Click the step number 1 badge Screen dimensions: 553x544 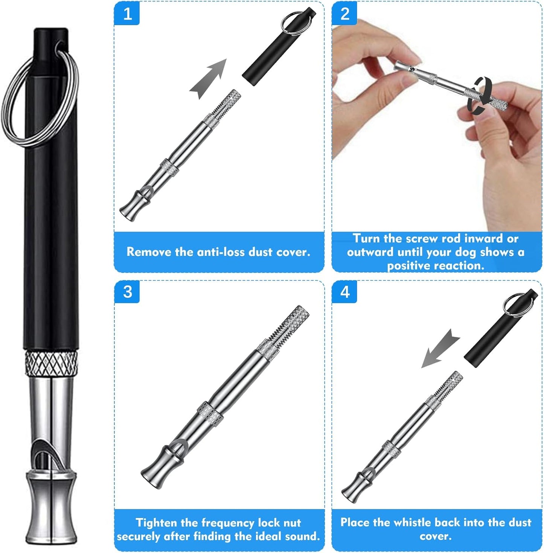[x=127, y=14]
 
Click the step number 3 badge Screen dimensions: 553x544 [x=127, y=291]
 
